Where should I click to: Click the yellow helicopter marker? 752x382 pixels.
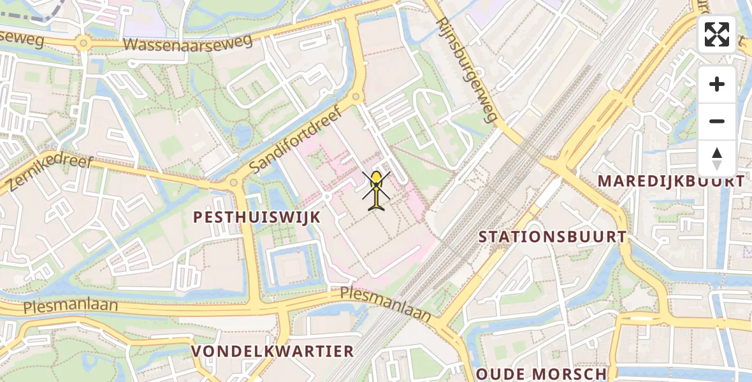(377, 189)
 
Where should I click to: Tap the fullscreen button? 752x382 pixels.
(716, 34)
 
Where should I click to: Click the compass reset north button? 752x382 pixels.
(716, 158)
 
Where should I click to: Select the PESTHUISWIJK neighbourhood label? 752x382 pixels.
(257, 217)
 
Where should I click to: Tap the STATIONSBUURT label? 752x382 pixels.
(553, 237)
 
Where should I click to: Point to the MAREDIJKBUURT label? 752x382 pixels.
(670, 181)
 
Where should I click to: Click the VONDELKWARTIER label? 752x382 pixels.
(273, 351)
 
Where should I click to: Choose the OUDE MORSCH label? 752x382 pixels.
(542, 374)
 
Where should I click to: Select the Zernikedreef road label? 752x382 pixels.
(50, 173)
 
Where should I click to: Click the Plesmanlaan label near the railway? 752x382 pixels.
(385, 302)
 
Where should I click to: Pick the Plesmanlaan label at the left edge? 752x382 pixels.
(71, 306)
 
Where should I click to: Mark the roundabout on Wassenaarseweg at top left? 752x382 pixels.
(82, 44)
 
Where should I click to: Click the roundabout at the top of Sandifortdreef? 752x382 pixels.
(356, 97)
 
